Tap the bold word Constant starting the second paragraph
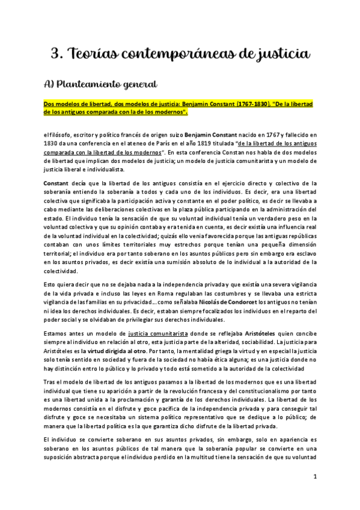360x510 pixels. [x=58, y=182]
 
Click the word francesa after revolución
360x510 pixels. [x=204, y=392]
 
